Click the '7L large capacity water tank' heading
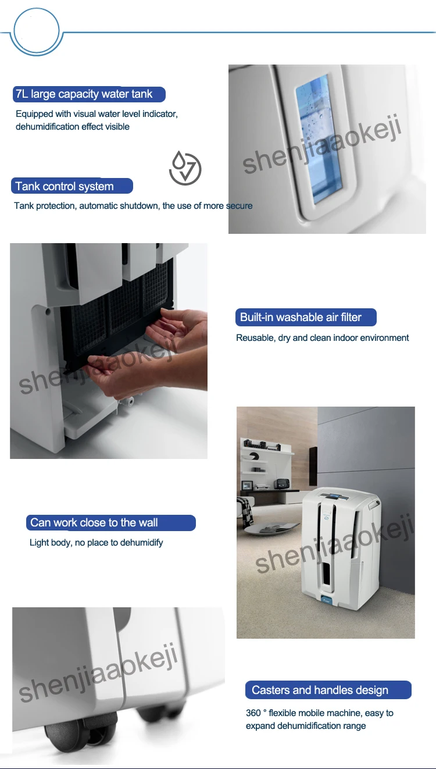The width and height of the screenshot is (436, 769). click(x=84, y=94)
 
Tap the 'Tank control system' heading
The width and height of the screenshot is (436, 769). click(x=65, y=186)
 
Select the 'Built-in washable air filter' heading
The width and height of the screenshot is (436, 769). click(x=301, y=317)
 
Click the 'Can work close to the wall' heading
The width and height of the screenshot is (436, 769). click(x=94, y=522)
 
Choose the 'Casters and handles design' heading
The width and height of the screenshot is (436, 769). click(x=320, y=690)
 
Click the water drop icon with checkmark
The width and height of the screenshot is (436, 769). click(x=185, y=168)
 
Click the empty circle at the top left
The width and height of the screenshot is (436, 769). click(x=37, y=31)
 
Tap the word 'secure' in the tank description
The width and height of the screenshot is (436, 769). click(x=240, y=206)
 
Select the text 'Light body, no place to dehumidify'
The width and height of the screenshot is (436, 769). click(x=96, y=543)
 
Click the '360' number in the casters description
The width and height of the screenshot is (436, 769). click(x=253, y=713)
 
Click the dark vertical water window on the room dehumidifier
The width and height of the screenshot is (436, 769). click(x=327, y=573)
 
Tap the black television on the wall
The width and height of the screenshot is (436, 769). click(x=313, y=466)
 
